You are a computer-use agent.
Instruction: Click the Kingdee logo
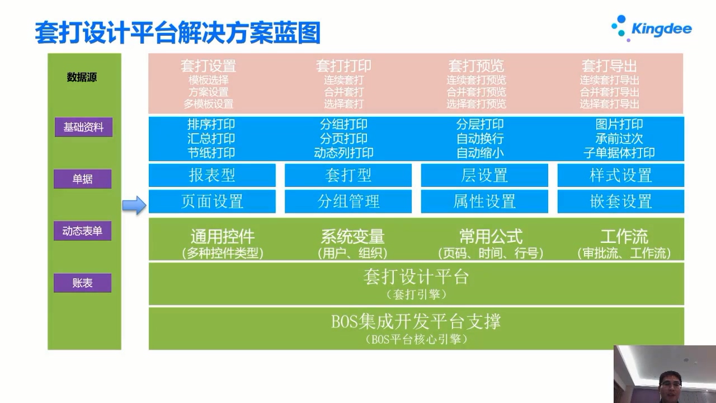pos(652,28)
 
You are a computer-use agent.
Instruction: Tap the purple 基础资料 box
pos(83,127)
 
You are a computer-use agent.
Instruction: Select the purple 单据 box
pos(82,179)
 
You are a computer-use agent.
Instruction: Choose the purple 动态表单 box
pos(82,231)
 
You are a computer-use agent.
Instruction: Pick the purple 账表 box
pos(82,283)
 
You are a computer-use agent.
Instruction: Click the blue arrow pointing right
pos(134,205)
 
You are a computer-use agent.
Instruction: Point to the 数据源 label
pos(82,77)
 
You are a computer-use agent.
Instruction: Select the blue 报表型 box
pos(212,175)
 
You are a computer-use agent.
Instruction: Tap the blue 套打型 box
pos(348,175)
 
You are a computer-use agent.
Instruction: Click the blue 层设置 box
pos(484,175)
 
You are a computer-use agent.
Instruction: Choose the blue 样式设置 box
pos(621,175)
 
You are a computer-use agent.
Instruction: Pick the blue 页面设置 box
pos(212,201)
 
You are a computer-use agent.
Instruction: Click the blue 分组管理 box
pos(348,201)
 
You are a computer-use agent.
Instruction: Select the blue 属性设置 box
pos(484,201)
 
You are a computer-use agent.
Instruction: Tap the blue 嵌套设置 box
pos(621,201)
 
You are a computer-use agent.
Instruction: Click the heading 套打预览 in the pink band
pos(476,66)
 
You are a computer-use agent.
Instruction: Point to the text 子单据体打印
pos(619,153)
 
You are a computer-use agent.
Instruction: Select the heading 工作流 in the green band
pos(624,237)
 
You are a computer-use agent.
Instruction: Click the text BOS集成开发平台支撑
pos(416,321)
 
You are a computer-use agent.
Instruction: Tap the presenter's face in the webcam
pos(670,386)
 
